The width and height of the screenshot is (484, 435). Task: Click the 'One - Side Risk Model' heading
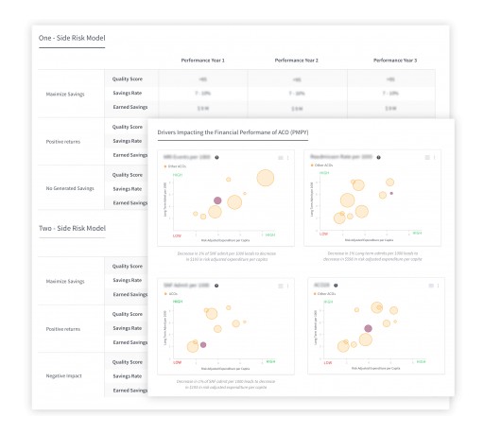tap(72, 38)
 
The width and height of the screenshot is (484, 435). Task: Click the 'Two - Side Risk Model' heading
tap(72, 228)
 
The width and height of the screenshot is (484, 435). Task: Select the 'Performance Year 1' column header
tap(203, 60)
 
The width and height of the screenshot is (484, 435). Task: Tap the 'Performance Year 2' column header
tap(296, 60)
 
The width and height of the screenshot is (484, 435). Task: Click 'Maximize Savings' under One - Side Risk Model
tap(68, 94)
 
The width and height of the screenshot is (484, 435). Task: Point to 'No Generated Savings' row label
tap(68, 188)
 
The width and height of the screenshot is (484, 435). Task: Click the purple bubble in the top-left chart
tap(217, 200)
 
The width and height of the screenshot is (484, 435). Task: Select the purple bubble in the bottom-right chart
tap(369, 328)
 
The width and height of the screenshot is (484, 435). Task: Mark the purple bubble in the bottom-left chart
tap(203, 345)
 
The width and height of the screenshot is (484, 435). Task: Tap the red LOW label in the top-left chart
tap(177, 235)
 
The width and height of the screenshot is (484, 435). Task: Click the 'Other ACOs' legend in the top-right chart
tap(331, 166)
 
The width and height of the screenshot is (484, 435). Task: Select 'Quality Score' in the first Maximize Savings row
tap(128, 79)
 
